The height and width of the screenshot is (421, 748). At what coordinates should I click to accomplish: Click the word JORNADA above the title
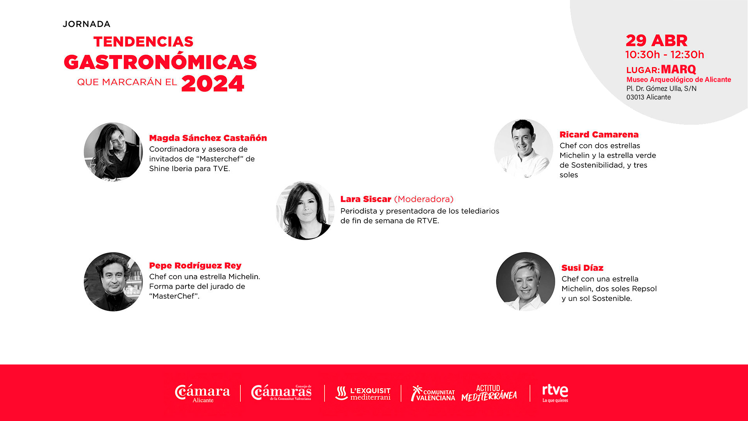(x=86, y=24)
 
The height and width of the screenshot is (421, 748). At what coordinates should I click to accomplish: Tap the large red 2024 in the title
(x=213, y=83)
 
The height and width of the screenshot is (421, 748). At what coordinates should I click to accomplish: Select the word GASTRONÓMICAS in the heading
(x=160, y=62)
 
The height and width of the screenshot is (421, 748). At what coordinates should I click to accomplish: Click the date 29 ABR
(x=656, y=41)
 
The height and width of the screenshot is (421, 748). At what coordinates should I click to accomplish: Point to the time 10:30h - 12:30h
(x=665, y=55)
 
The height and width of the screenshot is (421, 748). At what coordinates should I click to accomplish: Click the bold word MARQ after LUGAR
(x=678, y=69)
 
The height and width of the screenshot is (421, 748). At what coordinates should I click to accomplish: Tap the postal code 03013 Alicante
(x=649, y=97)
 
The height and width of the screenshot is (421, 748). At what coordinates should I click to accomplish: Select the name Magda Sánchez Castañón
(x=208, y=138)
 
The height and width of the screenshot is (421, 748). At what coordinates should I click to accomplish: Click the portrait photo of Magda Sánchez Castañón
(x=113, y=152)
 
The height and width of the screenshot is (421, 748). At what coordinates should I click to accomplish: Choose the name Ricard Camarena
(x=599, y=134)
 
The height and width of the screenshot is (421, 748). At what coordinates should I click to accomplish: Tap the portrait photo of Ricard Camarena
(x=524, y=149)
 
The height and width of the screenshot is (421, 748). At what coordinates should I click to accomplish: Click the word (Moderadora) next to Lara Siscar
(x=424, y=199)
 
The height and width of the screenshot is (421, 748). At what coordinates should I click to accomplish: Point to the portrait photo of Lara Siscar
(x=305, y=210)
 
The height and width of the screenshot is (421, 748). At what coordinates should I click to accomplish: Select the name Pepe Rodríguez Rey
(x=195, y=266)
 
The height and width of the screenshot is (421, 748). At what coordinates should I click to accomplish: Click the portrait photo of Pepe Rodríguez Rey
(x=113, y=282)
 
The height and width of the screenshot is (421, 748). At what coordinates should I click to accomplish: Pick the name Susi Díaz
(x=582, y=268)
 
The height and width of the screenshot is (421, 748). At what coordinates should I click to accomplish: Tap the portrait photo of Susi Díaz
(x=526, y=281)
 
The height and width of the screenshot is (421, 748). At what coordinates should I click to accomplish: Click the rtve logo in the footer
(x=555, y=393)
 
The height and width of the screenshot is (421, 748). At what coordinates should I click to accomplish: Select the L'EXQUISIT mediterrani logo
(x=363, y=393)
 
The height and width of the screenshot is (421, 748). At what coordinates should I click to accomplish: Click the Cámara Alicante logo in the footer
(x=202, y=393)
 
